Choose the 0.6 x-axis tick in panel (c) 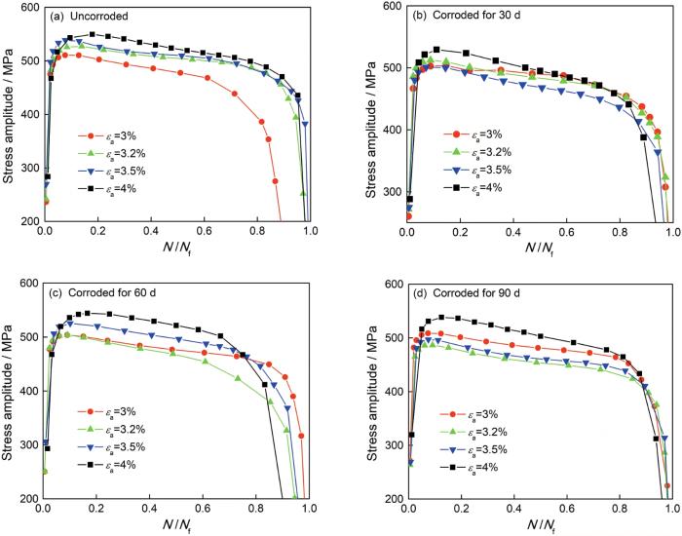click(x=204, y=510)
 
